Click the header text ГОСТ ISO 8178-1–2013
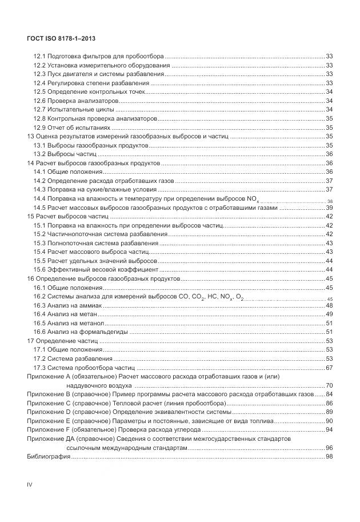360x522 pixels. pyautogui.click(x=61, y=38)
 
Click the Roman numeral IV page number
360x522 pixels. pyautogui.click(x=30, y=484)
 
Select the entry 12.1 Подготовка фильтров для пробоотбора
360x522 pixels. pyautogui.click(x=98, y=56)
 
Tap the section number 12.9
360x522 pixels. pyautogui.click(x=39, y=127)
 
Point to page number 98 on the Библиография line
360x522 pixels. pyautogui.click(x=329, y=456)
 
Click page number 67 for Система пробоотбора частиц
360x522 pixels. pyautogui.click(x=329, y=368)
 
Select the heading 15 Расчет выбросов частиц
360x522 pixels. pyautogui.click(x=67, y=216)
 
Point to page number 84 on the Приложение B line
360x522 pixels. pyautogui.click(x=329, y=395)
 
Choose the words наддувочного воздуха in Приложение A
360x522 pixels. pyautogui.click(x=93, y=385)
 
